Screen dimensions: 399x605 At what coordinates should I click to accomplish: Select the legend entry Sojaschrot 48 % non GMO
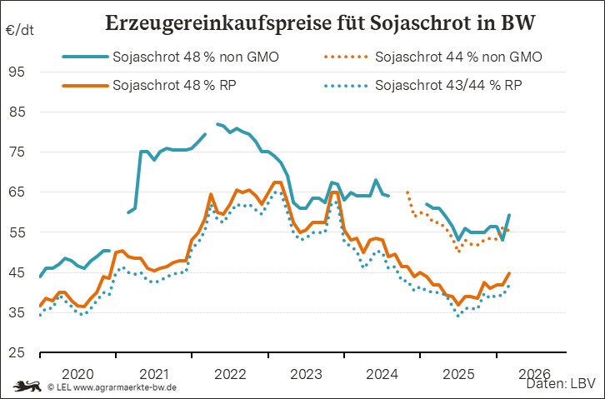195,57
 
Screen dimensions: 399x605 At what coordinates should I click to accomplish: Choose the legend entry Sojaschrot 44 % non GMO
459,57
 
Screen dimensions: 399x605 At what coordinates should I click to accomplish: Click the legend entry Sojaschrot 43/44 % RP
450,85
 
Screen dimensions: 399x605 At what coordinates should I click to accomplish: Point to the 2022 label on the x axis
229,373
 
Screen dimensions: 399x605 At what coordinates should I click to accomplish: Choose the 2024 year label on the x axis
382,373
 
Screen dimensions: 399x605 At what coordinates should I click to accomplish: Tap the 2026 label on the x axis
533,373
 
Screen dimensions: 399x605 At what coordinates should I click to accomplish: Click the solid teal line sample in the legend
84,57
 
